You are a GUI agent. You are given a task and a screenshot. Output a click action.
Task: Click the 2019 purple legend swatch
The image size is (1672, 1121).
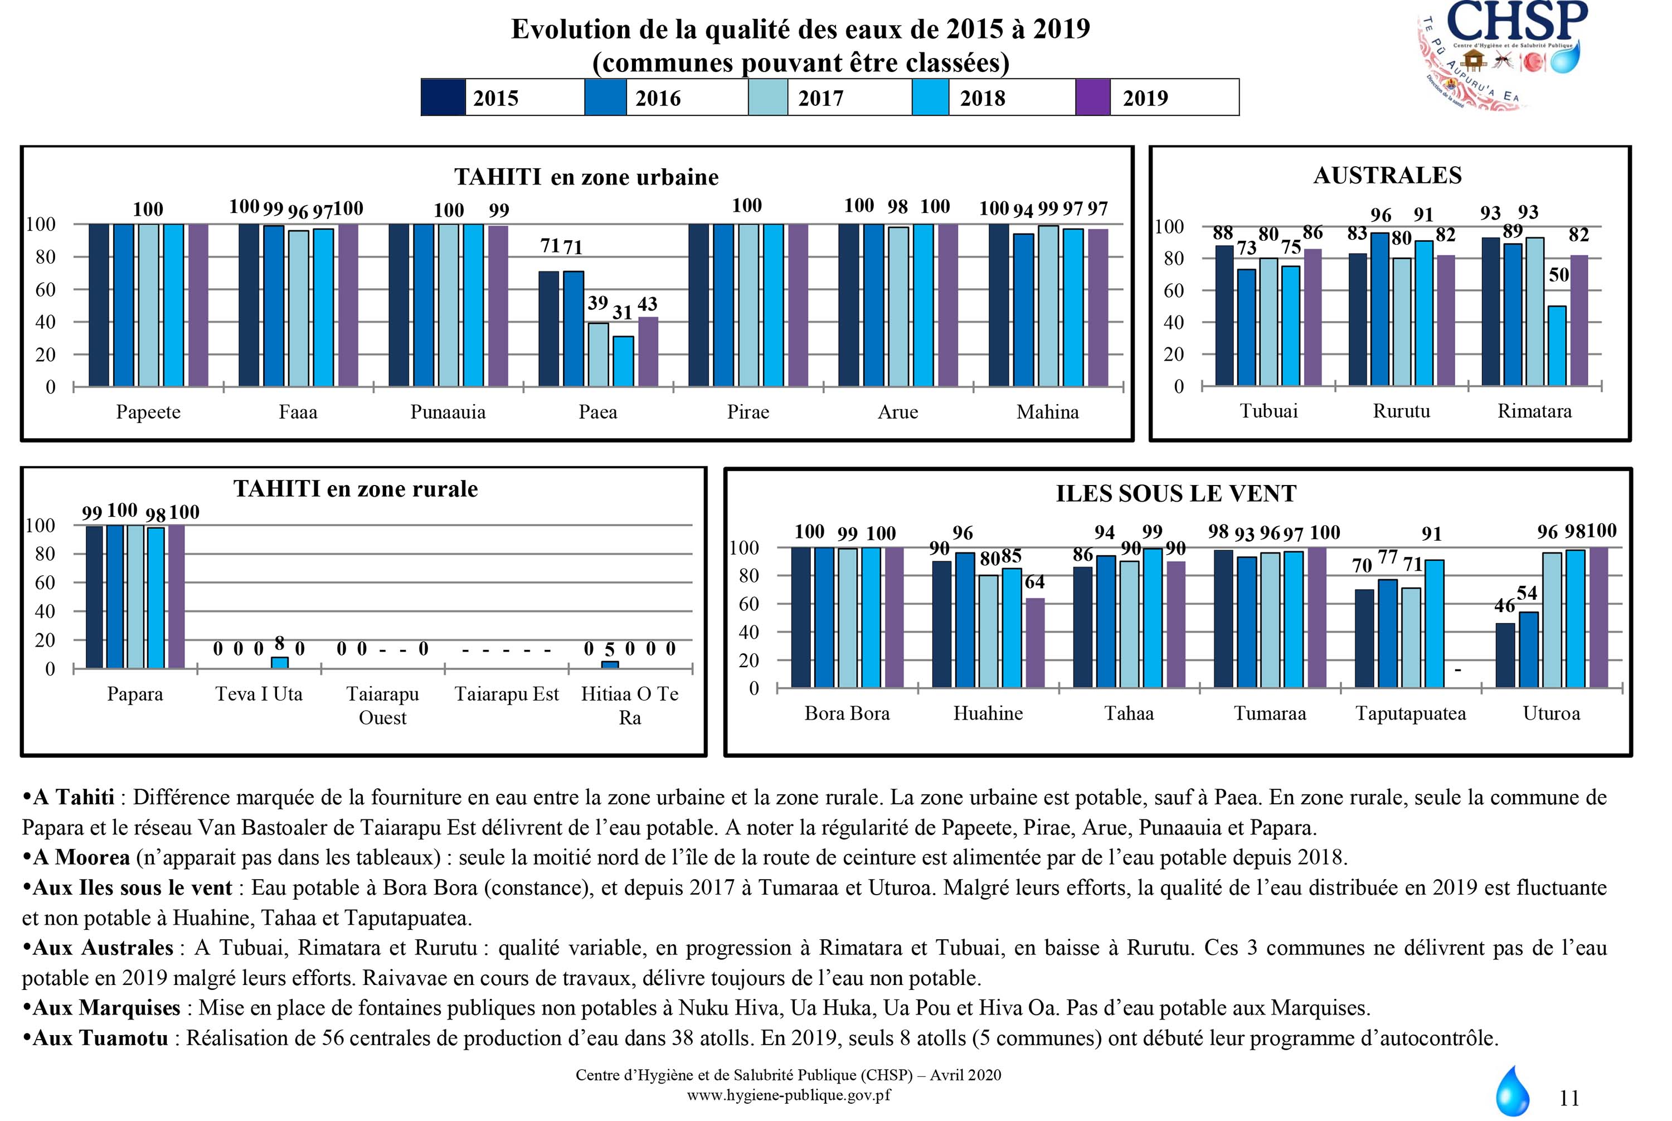(1092, 97)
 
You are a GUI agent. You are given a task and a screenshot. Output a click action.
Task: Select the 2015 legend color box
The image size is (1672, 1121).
(443, 97)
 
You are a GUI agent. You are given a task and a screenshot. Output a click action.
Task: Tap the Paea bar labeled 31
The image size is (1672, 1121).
(623, 361)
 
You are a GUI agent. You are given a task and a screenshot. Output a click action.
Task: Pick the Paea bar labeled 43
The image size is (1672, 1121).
(648, 352)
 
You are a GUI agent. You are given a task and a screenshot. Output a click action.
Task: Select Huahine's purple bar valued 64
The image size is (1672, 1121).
(1034, 643)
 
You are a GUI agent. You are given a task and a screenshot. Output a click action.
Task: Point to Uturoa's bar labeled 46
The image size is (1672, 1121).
(1505, 655)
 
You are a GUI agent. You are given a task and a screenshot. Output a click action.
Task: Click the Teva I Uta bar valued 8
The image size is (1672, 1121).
(279, 662)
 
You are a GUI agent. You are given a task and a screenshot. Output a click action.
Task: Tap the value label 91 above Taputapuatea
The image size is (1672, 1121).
(1431, 534)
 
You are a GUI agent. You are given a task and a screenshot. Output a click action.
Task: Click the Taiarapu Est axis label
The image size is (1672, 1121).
(506, 694)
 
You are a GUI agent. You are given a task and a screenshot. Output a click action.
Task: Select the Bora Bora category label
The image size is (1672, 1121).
(847, 714)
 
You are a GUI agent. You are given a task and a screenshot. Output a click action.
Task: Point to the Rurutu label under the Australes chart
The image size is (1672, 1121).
(1401, 411)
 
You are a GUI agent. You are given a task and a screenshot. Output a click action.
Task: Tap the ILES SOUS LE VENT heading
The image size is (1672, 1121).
(1175, 493)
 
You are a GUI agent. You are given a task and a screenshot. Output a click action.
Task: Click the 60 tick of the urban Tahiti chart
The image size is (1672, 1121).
(45, 289)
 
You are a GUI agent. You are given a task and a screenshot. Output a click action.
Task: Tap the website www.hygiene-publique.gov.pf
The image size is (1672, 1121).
(789, 1095)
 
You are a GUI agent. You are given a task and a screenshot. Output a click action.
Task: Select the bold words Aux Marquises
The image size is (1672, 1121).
(106, 1008)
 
